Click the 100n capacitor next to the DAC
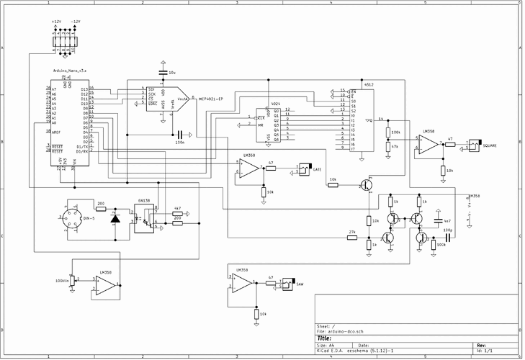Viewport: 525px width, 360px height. coord(180,134)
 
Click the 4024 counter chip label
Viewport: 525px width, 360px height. coord(274,104)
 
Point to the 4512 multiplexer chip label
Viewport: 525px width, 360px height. coord(369,84)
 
